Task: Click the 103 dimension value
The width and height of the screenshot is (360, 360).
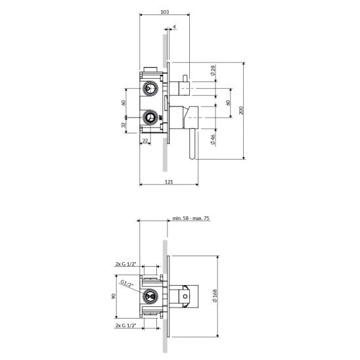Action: (x=165, y=11)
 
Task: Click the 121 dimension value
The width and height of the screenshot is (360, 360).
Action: (x=169, y=182)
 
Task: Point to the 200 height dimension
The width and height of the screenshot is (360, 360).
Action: (x=241, y=110)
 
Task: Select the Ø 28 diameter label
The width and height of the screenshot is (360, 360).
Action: (x=213, y=70)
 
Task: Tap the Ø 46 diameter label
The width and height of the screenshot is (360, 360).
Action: (x=213, y=139)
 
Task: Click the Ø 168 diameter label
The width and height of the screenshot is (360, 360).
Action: (x=215, y=296)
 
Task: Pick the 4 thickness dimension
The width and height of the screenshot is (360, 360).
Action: (x=175, y=27)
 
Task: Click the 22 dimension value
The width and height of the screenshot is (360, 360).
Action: (x=145, y=141)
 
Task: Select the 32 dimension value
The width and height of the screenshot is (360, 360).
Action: (x=124, y=125)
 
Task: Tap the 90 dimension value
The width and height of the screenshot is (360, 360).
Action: (x=114, y=296)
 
